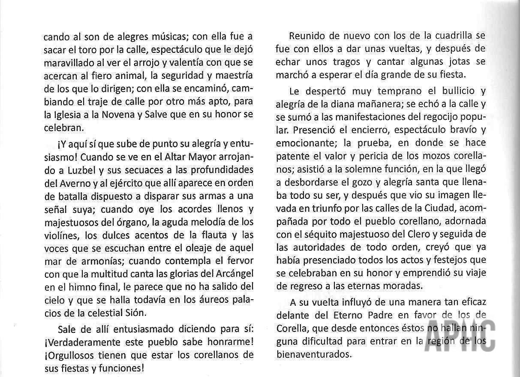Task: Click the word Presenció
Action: [312, 129]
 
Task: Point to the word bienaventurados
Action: [314, 354]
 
